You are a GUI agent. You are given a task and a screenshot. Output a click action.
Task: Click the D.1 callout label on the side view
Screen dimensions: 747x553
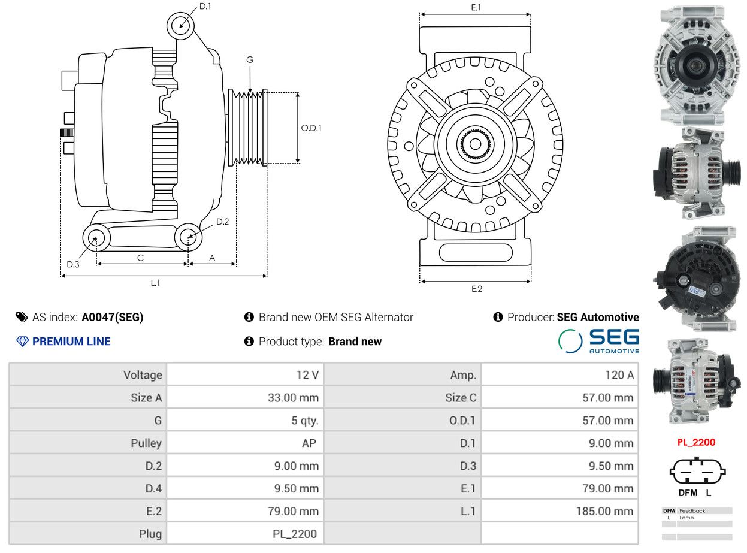pos(205,7)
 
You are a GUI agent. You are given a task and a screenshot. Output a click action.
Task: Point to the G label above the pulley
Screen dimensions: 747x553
pos(250,60)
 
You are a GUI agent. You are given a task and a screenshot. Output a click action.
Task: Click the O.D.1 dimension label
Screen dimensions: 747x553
pos(311,128)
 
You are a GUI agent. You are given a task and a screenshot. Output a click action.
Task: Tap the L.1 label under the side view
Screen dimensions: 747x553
pos(155,283)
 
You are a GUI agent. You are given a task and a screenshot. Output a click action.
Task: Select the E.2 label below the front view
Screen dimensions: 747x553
pos(477,289)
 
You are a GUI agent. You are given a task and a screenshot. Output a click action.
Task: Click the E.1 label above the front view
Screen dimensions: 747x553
pos(476,7)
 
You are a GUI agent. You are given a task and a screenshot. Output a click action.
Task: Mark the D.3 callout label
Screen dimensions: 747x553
pos(72,265)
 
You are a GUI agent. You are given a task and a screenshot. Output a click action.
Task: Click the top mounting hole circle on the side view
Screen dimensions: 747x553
pos(180,26)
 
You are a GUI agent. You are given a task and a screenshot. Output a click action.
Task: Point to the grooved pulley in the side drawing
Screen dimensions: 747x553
pos(247,128)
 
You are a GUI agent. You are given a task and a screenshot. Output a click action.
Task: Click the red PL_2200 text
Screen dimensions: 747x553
pos(696,442)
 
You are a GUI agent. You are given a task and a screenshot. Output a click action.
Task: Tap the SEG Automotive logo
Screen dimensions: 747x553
pos(598,342)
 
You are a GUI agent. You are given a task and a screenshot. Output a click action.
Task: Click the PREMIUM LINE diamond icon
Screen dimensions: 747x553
pos(23,342)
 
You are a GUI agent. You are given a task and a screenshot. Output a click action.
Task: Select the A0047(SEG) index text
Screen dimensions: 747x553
pos(113,317)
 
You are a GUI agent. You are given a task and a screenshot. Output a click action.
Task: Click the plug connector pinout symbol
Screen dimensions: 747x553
pos(697,470)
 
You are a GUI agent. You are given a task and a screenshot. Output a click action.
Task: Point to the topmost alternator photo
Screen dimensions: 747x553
pos(697,65)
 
